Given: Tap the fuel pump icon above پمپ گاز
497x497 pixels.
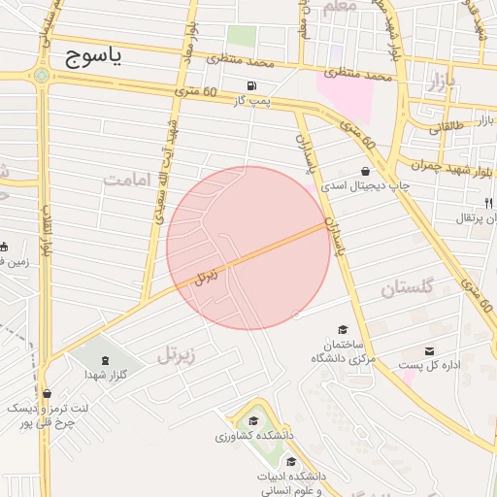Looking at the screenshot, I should [253, 85].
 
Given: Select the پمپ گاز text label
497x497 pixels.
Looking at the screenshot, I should [250, 100].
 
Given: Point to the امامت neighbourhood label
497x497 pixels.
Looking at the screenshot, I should [130, 180].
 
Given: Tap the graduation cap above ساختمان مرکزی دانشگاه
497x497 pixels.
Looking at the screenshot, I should [341, 330].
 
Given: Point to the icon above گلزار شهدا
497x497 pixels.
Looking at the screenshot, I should [106, 360].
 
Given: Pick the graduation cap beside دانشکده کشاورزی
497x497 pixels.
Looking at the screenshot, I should [254, 420].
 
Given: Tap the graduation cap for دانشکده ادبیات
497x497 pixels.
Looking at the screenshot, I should [292, 461].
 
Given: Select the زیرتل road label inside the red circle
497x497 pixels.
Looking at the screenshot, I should [206, 276].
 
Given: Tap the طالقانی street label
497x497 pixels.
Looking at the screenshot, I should [446, 126].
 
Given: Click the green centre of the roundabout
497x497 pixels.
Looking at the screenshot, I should [41, 75].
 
